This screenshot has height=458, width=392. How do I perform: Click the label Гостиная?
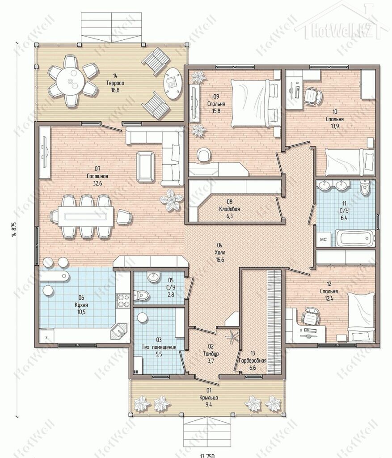click(97, 176)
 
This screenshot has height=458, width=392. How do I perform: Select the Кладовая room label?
click(229, 209)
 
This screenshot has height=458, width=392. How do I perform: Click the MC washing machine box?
click(324, 240)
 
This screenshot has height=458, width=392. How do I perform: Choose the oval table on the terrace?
click(173, 84)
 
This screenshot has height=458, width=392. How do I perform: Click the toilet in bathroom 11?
click(364, 188)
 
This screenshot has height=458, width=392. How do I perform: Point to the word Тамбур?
click(211, 354)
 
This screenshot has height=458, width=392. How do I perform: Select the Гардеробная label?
click(253, 361)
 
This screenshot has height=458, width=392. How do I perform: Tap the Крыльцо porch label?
click(209, 398)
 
